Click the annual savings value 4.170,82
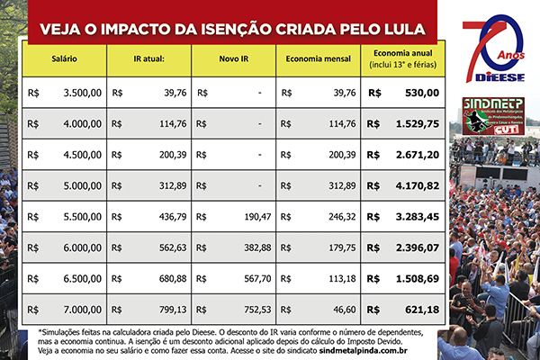[417, 185]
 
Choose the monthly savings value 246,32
[338, 217]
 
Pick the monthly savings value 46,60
[343, 310]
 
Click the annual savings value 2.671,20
[417, 154]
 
